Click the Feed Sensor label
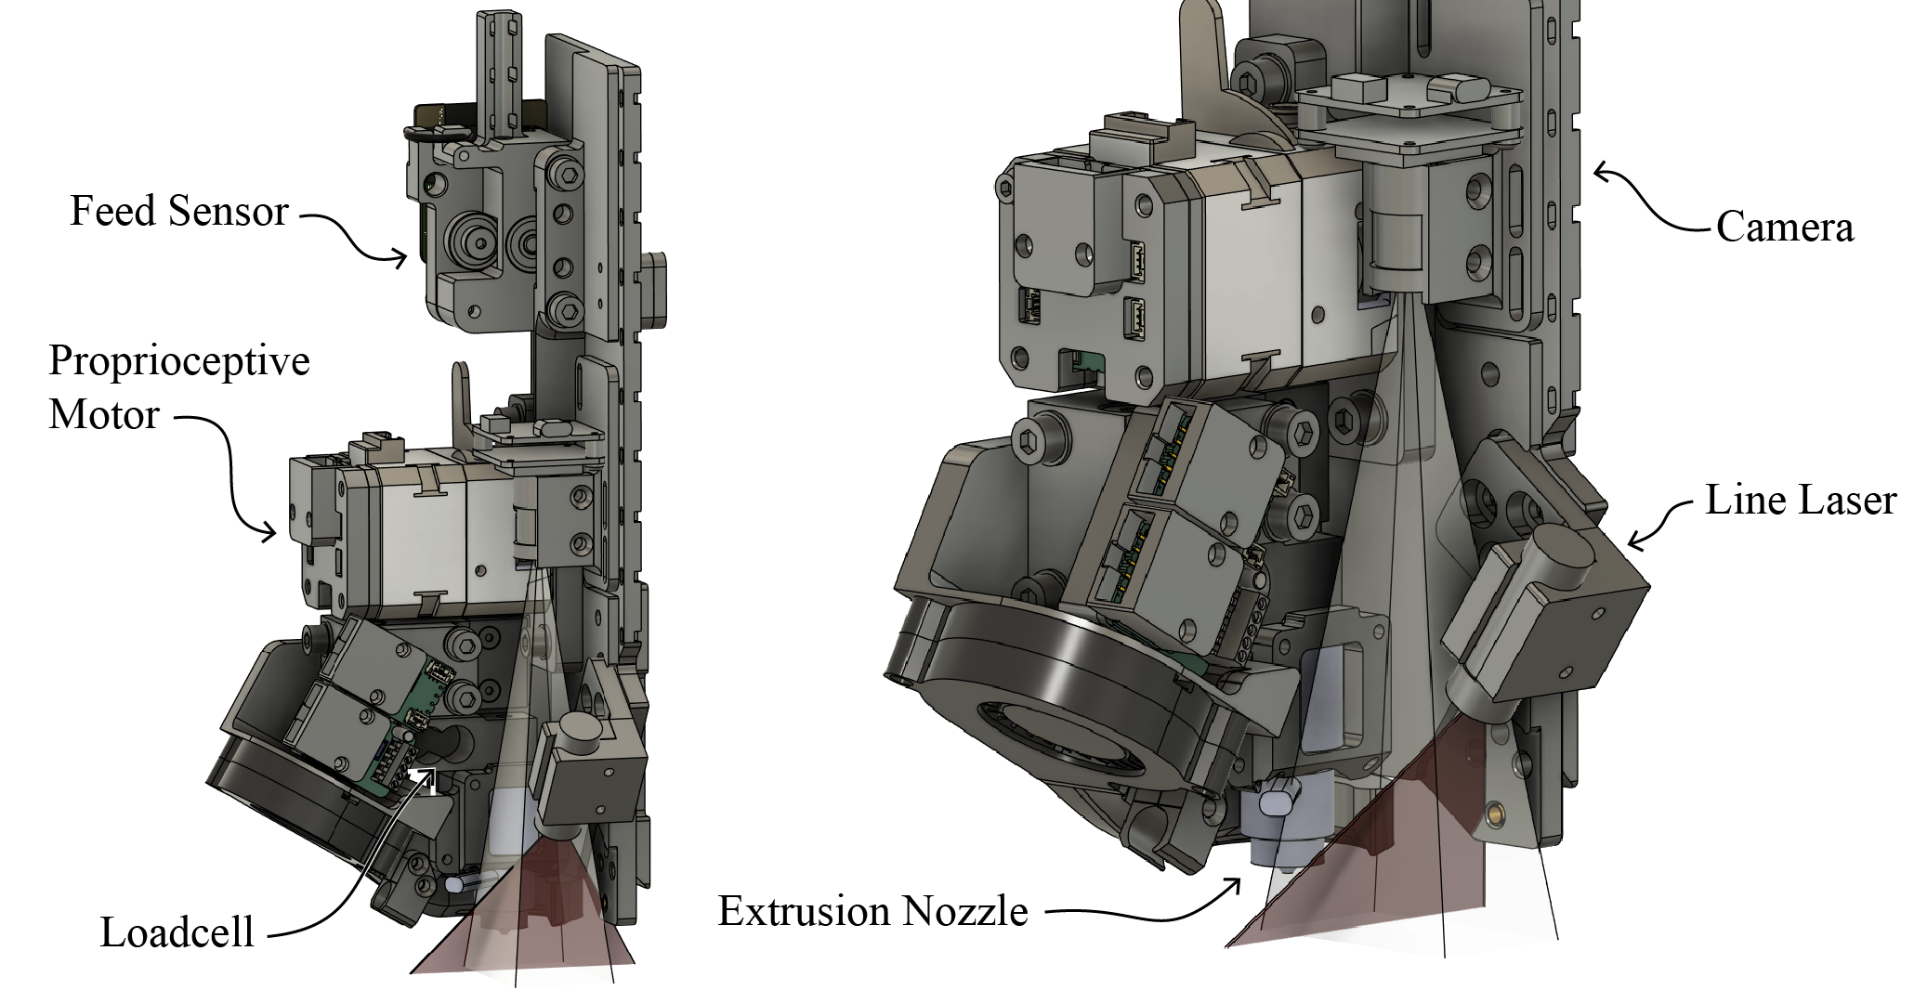[179, 211]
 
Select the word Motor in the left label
[104, 414]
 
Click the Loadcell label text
[177, 932]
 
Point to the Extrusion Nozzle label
[872, 911]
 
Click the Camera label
[1784, 227]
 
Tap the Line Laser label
[1800, 500]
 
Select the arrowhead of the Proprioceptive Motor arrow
[269, 533]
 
